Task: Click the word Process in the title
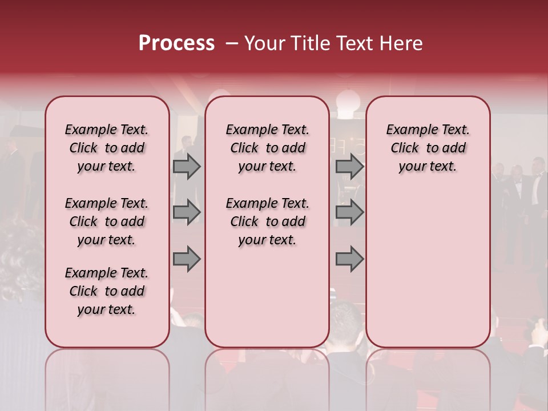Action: click(176, 43)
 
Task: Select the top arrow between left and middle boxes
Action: click(187, 166)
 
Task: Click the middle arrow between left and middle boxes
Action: click(187, 212)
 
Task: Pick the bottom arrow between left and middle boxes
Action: click(187, 259)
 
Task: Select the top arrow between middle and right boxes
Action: click(349, 166)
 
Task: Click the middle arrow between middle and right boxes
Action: click(349, 212)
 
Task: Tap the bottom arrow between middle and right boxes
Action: click(349, 259)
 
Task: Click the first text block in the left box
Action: click(107, 148)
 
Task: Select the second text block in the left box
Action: click(107, 221)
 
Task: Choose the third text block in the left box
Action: click(107, 291)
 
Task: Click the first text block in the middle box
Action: click(267, 148)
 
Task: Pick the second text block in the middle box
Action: click(267, 221)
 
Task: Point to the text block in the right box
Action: click(428, 148)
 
